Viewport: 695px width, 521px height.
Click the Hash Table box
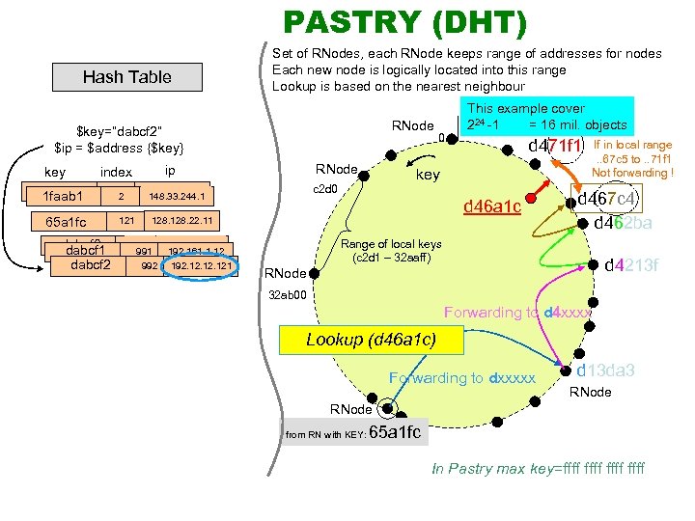[126, 77]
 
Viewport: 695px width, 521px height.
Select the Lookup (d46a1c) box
[370, 340]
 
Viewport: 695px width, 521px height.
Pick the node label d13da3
[605, 370]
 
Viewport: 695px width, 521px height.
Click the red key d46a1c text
[492, 206]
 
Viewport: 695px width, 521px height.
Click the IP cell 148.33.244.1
[176, 197]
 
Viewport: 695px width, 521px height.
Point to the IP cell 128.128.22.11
[182, 220]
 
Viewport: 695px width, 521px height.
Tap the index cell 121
[125, 221]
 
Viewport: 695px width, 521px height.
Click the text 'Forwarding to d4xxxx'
[516, 313]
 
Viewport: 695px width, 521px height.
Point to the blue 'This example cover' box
[545, 116]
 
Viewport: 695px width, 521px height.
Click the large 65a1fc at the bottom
[395, 432]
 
